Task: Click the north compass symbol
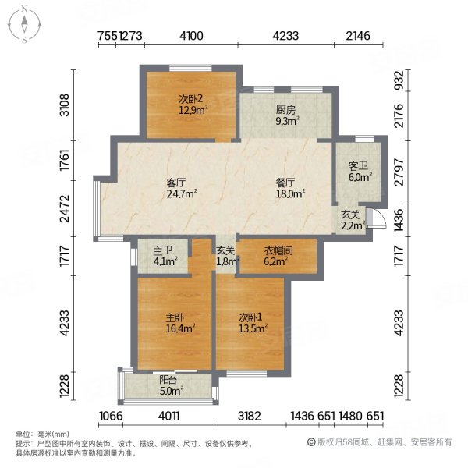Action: point(25,24)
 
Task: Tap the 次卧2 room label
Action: point(190,105)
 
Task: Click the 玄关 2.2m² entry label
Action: point(351,221)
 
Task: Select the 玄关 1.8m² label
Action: point(225,257)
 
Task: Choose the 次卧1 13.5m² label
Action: point(250,324)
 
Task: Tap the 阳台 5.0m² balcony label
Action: point(171,385)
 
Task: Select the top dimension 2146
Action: point(359,36)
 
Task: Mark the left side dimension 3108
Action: point(66,103)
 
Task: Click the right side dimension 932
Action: point(399,80)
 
